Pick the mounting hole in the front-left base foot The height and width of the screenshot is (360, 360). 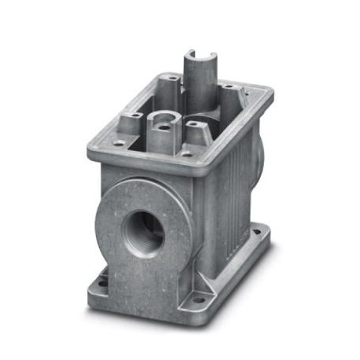(x=101, y=278)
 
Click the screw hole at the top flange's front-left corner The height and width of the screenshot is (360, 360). (x=117, y=144)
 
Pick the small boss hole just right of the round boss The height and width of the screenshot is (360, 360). (x=191, y=124)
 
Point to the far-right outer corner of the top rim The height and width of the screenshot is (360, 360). (x=271, y=92)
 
